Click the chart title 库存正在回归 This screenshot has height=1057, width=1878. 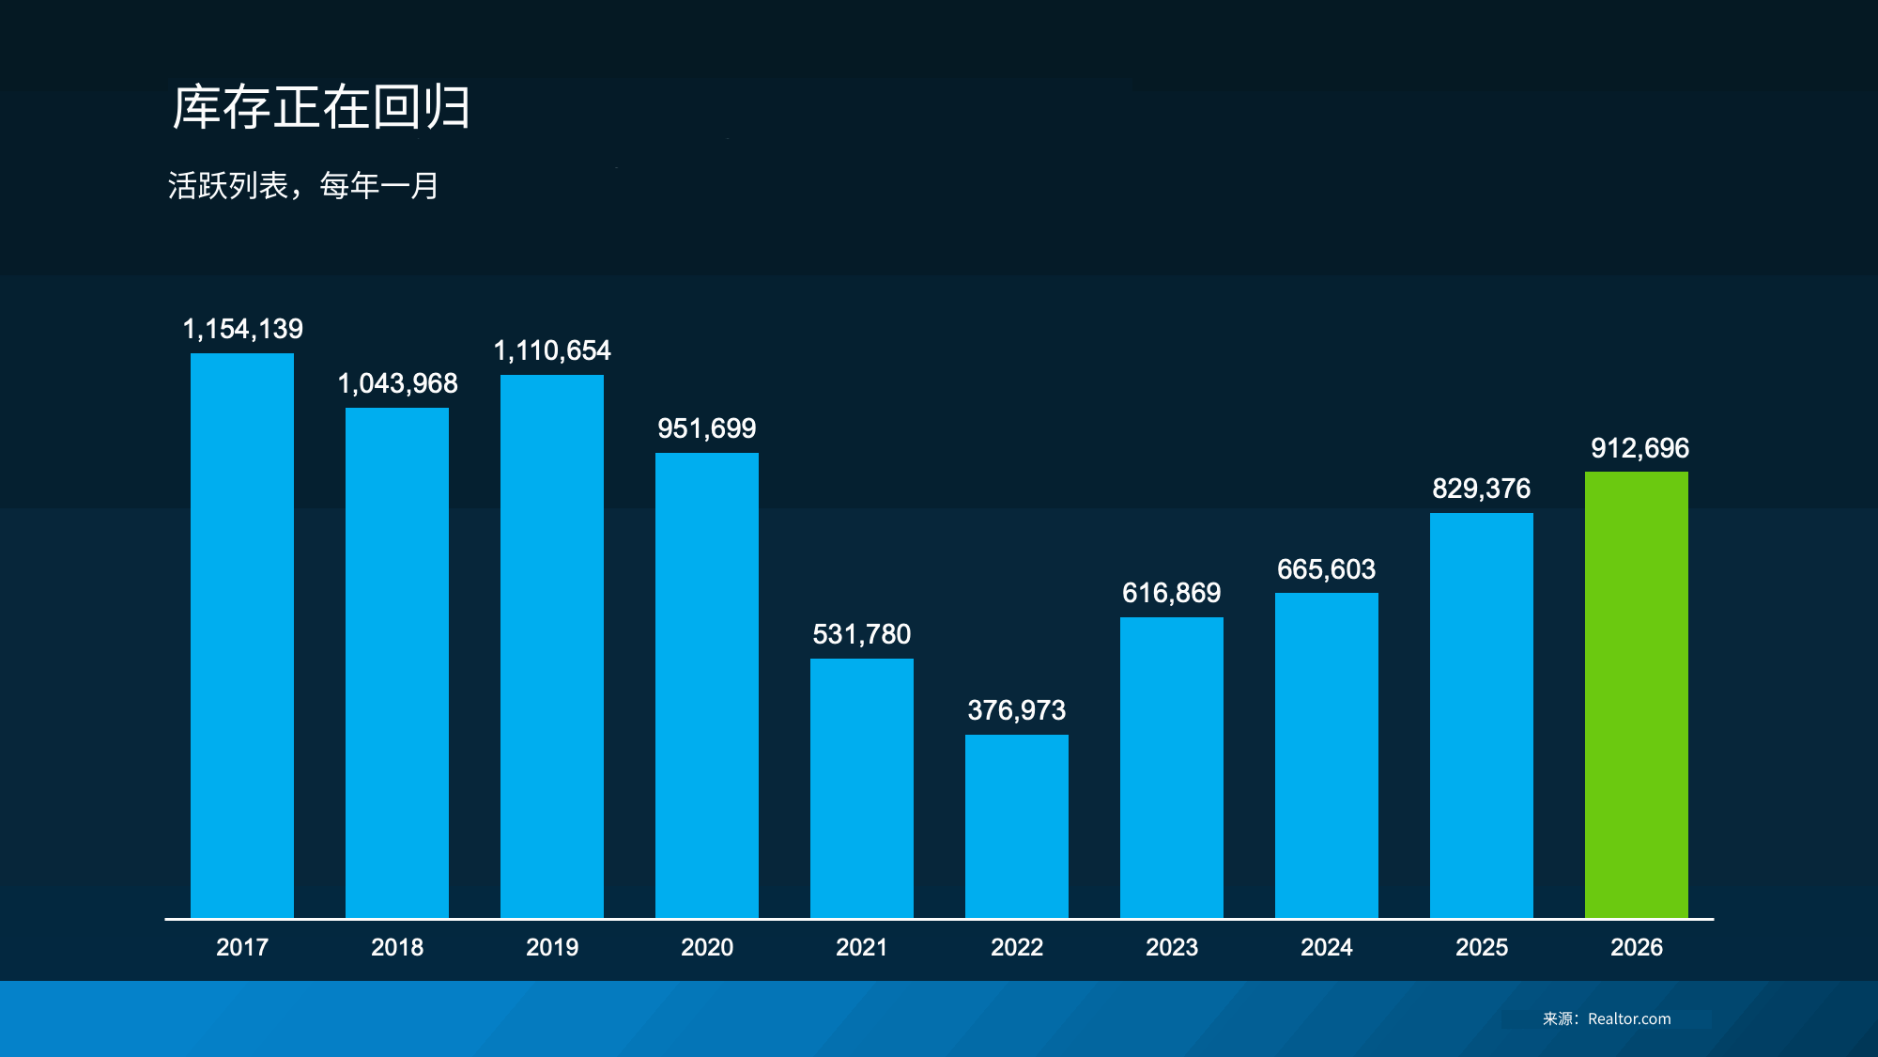click(321, 107)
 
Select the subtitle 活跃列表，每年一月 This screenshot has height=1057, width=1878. click(303, 186)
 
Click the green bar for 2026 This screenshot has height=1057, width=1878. click(1636, 694)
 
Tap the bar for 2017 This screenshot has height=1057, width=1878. click(242, 635)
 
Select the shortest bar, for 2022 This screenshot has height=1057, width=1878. click(1016, 826)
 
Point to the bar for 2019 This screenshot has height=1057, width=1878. click(552, 645)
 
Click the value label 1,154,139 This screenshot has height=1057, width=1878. click(242, 329)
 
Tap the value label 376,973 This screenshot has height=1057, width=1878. click(1016, 710)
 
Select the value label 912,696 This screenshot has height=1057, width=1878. click(1639, 448)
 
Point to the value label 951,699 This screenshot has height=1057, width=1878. click(706, 428)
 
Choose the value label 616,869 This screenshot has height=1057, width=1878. click(1171, 593)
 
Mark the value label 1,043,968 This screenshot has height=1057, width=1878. click(397, 383)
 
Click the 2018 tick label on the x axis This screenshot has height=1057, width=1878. click(397, 947)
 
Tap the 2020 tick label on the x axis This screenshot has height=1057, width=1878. click(707, 947)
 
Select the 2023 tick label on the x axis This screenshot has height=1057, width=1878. click(1172, 947)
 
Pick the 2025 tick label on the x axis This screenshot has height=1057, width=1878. click(1482, 947)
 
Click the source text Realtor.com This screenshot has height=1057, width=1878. click(1629, 1018)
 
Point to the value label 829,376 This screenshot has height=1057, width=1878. click(1481, 489)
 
